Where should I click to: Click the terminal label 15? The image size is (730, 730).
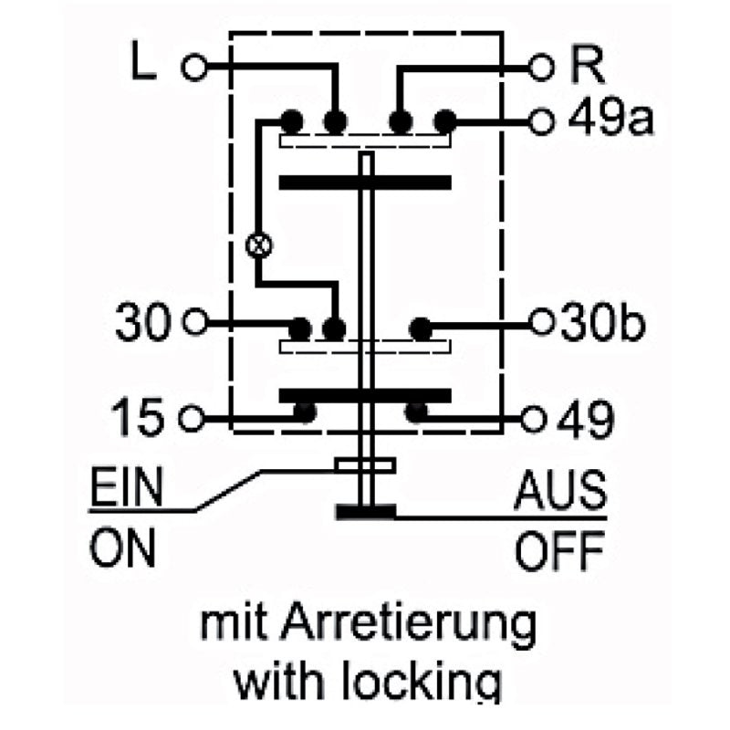142,419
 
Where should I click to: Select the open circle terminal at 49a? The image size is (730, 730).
543,120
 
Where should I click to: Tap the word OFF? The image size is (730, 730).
559,550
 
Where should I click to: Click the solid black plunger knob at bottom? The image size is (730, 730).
366,513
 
